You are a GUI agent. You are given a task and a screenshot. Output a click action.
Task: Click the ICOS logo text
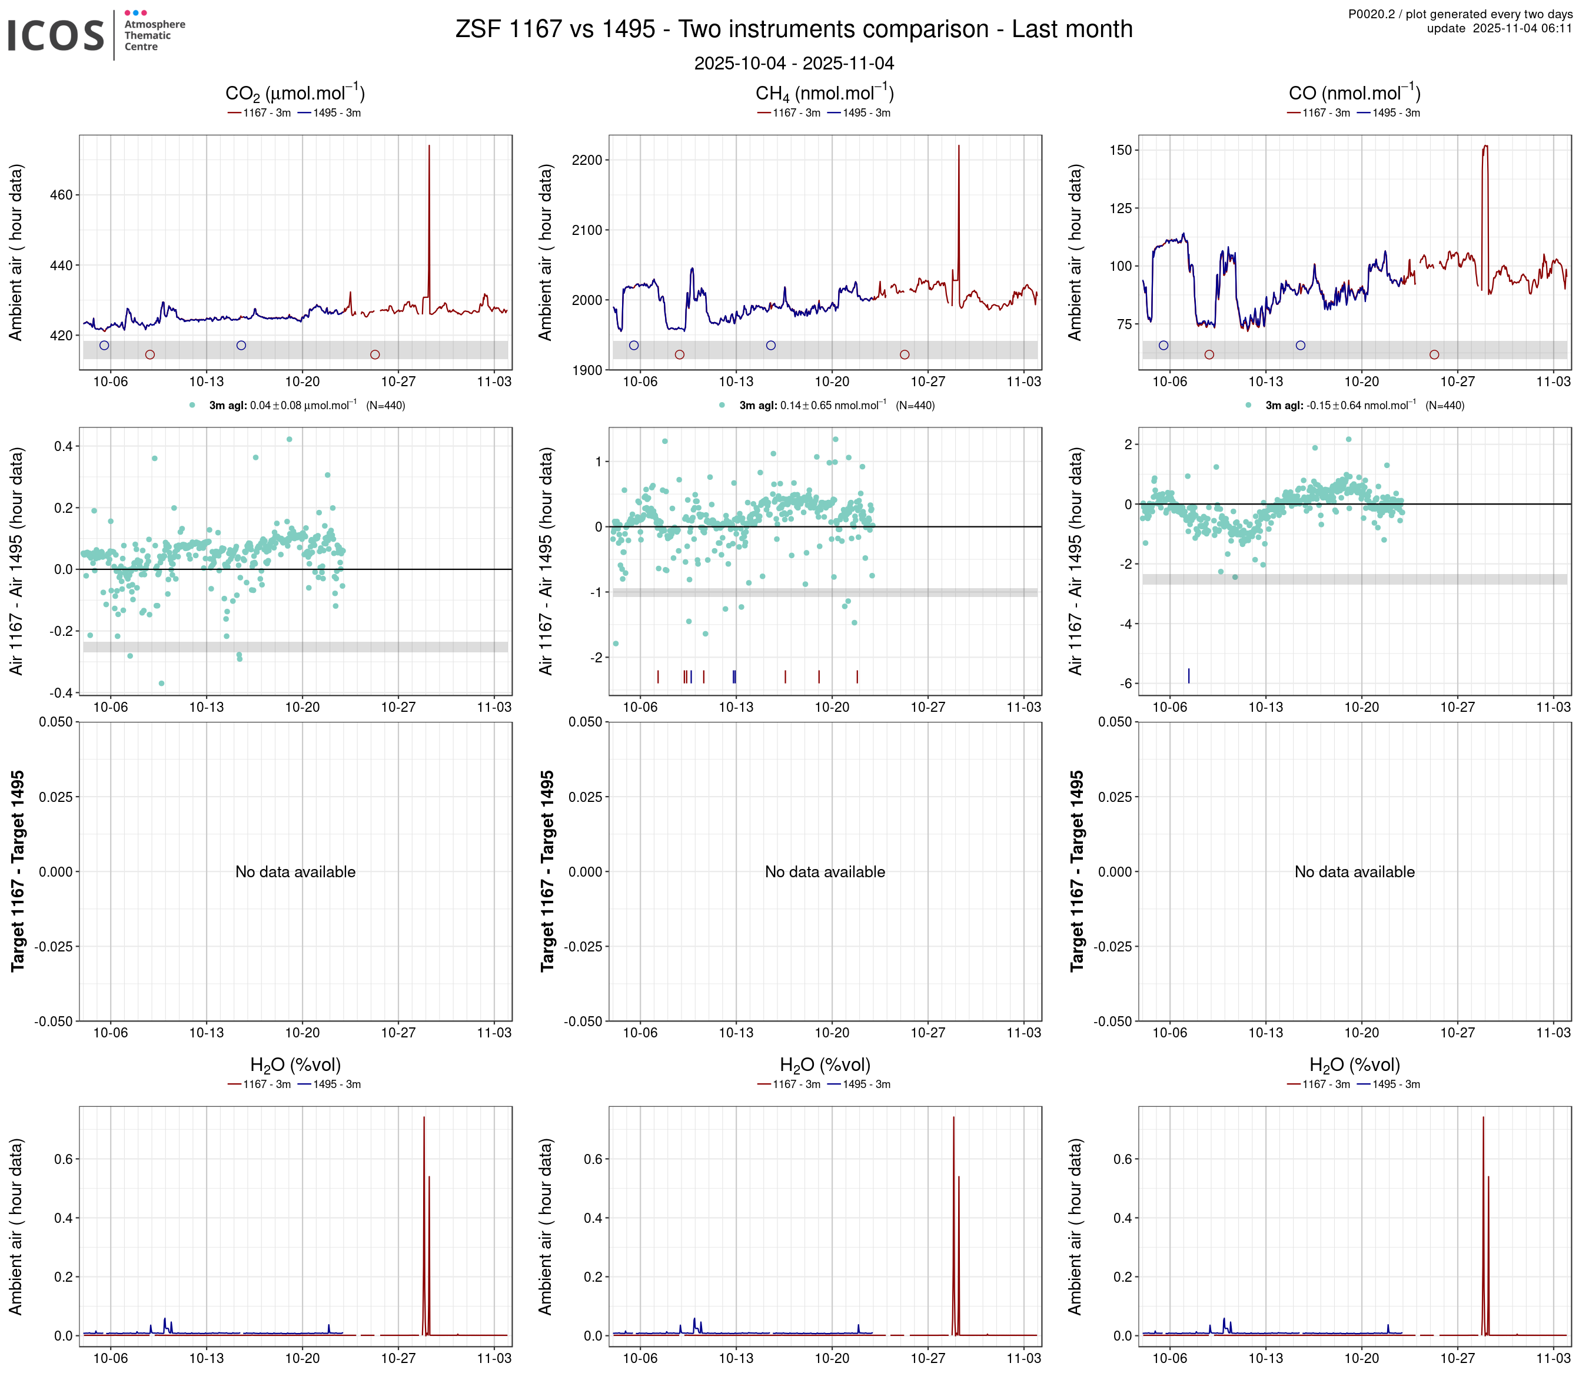pos(55,36)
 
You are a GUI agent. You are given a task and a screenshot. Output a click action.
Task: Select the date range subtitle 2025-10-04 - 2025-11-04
pos(794,64)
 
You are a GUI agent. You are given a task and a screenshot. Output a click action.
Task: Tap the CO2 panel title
pos(294,94)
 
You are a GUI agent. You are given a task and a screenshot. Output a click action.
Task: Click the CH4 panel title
pos(825,94)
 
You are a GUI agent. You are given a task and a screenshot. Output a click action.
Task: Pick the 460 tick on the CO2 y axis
pos(61,195)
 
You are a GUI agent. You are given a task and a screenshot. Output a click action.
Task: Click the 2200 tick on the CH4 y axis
pos(587,160)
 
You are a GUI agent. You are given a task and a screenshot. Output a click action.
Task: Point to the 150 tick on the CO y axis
pos(1121,150)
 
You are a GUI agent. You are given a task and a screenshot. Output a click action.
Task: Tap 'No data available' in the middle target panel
pos(825,872)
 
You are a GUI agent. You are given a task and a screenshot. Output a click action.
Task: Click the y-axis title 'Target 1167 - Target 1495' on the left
pos(18,871)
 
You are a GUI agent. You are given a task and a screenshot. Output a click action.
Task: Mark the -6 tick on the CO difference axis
pos(1126,684)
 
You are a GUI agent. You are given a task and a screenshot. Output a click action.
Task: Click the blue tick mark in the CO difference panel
pos(1189,675)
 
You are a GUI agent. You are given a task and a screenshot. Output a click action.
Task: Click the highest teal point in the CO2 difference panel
pos(289,440)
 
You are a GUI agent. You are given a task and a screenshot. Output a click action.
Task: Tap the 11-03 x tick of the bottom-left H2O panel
pos(493,1358)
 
